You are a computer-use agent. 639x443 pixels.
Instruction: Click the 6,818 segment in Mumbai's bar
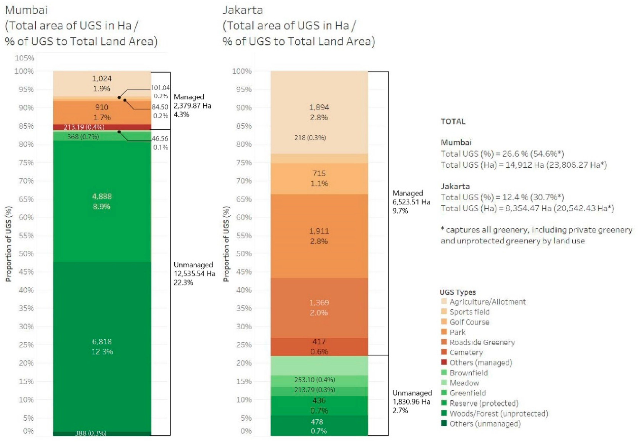(102, 346)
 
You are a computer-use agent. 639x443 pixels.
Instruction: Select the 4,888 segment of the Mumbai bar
(102, 201)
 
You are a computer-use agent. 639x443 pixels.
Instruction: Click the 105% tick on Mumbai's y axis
(24, 58)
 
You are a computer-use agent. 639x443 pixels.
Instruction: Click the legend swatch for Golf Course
(444, 322)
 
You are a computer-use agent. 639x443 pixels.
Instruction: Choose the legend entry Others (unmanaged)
(485, 423)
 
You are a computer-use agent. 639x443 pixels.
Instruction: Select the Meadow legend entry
(464, 383)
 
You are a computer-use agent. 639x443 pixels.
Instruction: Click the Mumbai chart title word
(26, 10)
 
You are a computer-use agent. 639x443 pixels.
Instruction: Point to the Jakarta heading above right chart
(242, 10)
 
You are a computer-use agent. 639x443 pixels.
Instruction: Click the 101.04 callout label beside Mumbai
(160, 88)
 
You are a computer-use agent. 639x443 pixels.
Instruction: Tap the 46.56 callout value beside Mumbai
(160, 138)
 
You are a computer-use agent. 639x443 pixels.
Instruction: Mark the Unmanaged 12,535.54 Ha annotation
(194, 273)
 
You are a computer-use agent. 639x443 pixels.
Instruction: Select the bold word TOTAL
(453, 121)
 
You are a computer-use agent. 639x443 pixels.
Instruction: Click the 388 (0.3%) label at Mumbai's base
(91, 433)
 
